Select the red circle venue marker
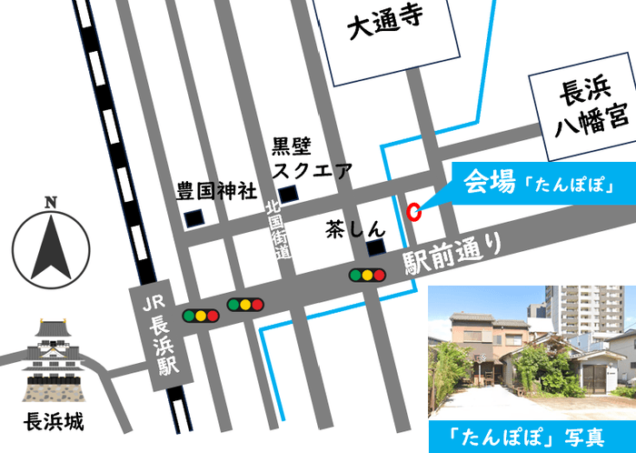click(413, 212)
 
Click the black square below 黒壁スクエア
click(288, 194)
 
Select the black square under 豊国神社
click(194, 219)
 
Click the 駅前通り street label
click(452, 254)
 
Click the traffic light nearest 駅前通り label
click(367, 274)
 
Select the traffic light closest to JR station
click(201, 316)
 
